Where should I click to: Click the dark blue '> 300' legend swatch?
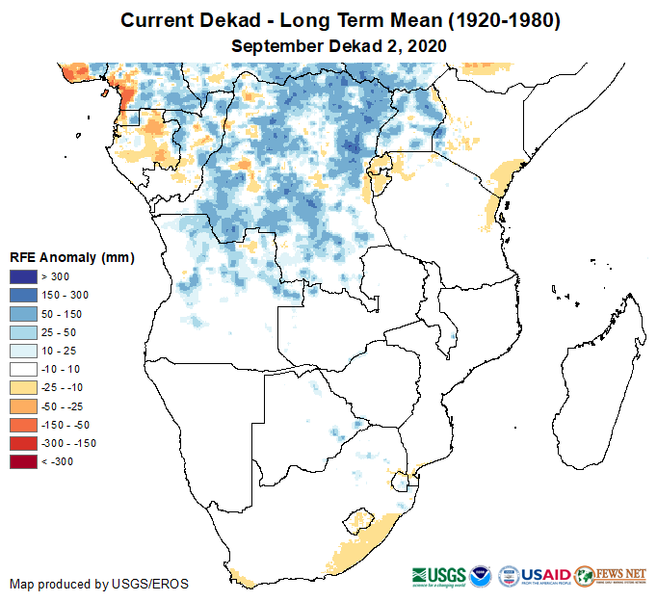tap(25, 277)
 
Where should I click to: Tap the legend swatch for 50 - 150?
tap(25, 314)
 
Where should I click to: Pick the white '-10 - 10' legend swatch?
tap(25, 369)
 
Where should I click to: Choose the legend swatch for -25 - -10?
tap(25, 387)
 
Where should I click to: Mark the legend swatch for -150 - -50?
tap(25, 425)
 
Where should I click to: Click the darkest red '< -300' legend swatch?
tap(25, 461)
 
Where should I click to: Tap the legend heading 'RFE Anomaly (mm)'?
tap(72, 258)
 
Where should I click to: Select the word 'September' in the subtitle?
tap(276, 45)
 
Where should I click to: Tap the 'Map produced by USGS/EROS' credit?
tap(99, 584)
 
